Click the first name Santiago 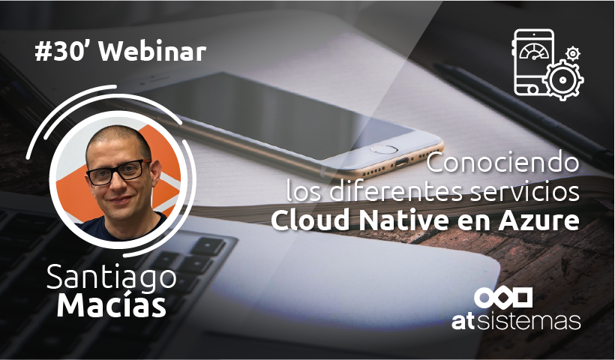click(x=112, y=277)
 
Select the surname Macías click(x=112, y=306)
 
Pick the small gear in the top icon click(x=574, y=52)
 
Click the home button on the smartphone click(x=385, y=148)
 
